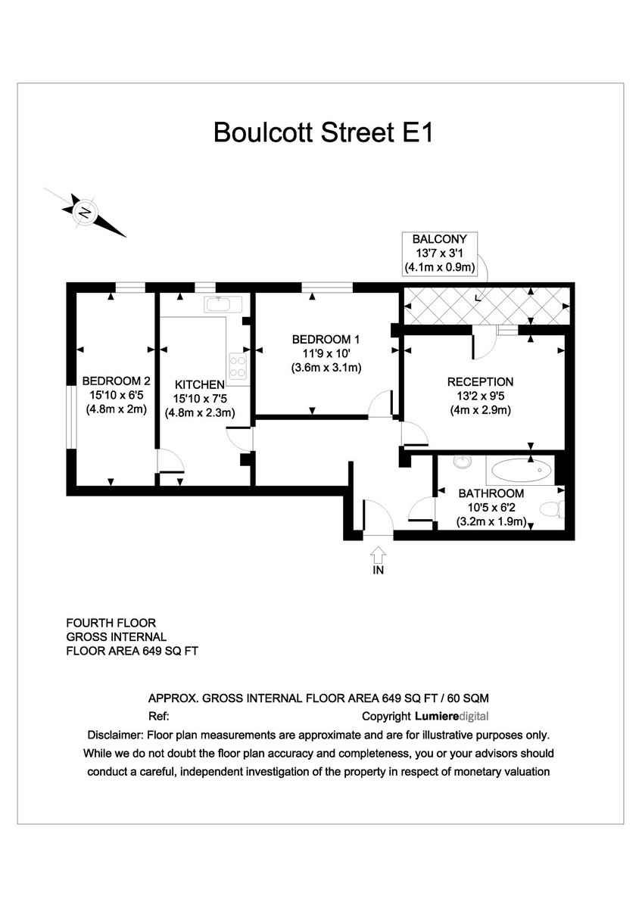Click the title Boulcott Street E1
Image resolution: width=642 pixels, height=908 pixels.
[x=323, y=132]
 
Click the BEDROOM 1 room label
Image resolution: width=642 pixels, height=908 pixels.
[x=326, y=340]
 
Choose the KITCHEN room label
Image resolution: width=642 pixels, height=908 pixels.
[x=199, y=384]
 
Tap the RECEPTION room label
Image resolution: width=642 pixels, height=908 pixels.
[x=480, y=382]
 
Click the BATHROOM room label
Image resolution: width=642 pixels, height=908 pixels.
[x=491, y=493]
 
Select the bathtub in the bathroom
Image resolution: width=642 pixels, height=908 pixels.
[x=522, y=471]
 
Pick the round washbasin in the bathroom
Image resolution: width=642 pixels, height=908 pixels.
[x=462, y=461]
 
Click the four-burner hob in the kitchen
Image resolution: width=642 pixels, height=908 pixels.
[x=238, y=366]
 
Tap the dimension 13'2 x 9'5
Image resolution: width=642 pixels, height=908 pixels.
[x=480, y=396]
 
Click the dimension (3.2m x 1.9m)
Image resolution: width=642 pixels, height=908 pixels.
[x=491, y=521]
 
